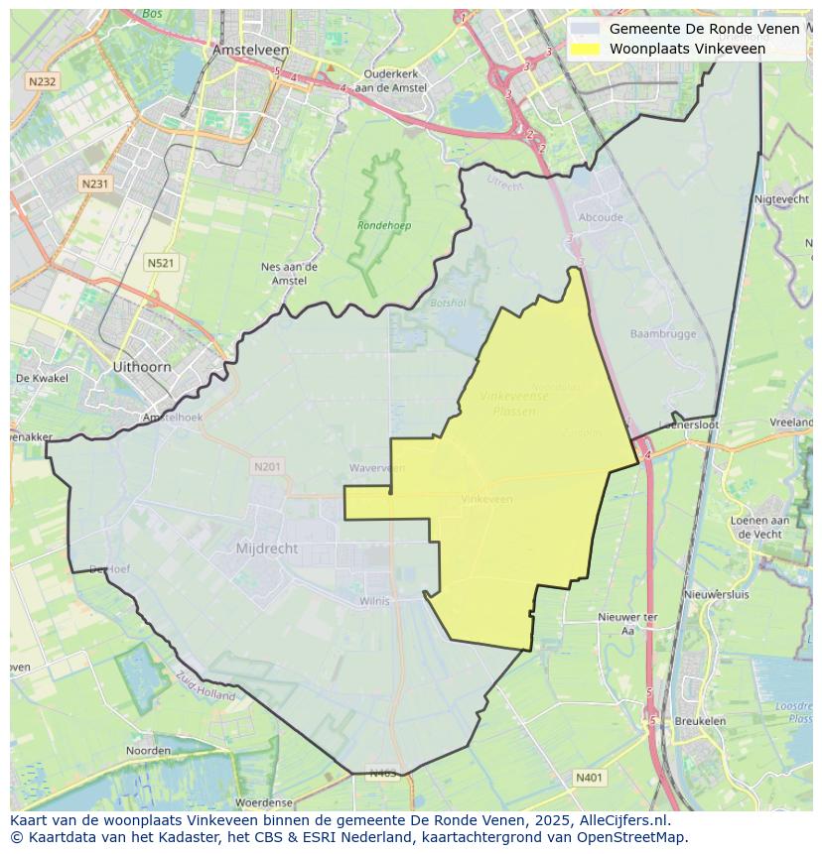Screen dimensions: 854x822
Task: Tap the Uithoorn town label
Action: [141, 367]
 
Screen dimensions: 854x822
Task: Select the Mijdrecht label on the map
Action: [267, 549]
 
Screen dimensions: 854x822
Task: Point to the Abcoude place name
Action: [600, 218]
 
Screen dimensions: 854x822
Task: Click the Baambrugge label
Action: [663, 334]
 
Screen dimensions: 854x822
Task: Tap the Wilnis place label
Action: [374, 601]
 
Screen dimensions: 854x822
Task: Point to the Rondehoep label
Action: [384, 226]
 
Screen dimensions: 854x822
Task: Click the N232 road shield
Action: [42, 82]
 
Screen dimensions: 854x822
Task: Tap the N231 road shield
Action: [94, 183]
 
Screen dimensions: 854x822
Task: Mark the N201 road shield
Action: [267, 466]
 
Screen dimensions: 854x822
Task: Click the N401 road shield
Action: [589, 779]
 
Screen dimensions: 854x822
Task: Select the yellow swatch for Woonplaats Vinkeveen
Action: [586, 49]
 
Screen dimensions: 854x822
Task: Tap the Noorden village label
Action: [148, 751]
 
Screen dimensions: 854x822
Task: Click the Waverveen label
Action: [377, 468]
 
